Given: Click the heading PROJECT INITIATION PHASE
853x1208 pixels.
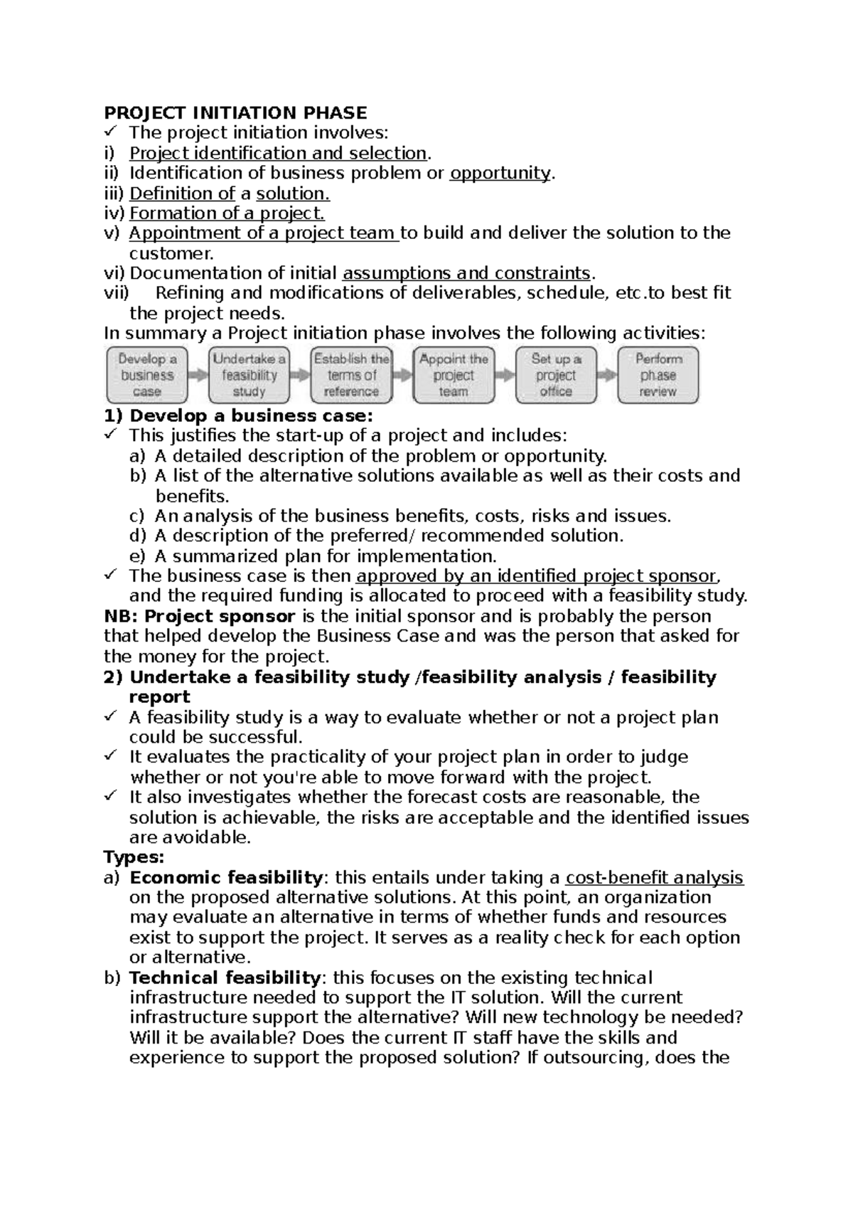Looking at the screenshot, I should (235, 112).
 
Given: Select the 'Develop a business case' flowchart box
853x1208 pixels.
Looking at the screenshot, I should (147, 375).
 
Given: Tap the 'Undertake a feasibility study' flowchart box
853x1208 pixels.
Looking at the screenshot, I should (249, 375).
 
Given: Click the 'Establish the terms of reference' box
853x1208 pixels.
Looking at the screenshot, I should (351, 375).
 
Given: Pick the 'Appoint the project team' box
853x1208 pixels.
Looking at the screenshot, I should (454, 375).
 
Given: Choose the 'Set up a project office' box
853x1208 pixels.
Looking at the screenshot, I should (556, 375).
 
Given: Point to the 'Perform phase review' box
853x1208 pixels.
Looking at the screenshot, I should (658, 375).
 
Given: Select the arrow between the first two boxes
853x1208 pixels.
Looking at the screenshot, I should (198, 375).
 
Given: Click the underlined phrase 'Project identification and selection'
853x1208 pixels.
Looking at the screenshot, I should (278, 153).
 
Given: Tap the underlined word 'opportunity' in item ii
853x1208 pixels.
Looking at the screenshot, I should (500, 173).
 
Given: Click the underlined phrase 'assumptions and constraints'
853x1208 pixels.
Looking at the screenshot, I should (466, 273).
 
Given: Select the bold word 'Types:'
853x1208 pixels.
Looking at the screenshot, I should (134, 857).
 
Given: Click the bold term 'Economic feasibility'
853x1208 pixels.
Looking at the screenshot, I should (226, 878).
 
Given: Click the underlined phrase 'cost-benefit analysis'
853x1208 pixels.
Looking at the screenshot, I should (654, 878).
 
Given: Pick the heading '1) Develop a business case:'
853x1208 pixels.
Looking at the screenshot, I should (238, 415).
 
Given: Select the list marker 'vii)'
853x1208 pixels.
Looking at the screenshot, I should (117, 293).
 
